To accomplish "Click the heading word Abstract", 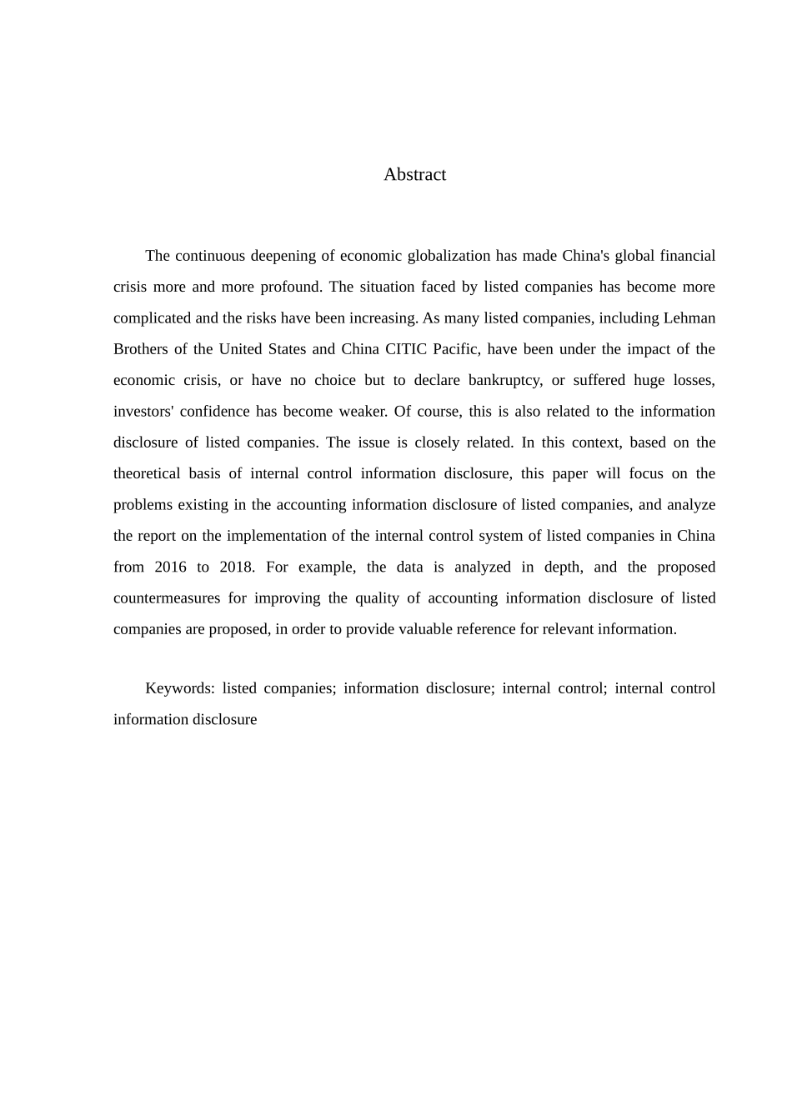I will (414, 175).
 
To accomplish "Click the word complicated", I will (152, 318).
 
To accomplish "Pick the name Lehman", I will (689, 318).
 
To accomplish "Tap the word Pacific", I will (456, 349).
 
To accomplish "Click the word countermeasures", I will (167, 598).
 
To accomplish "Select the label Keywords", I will (179, 688).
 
